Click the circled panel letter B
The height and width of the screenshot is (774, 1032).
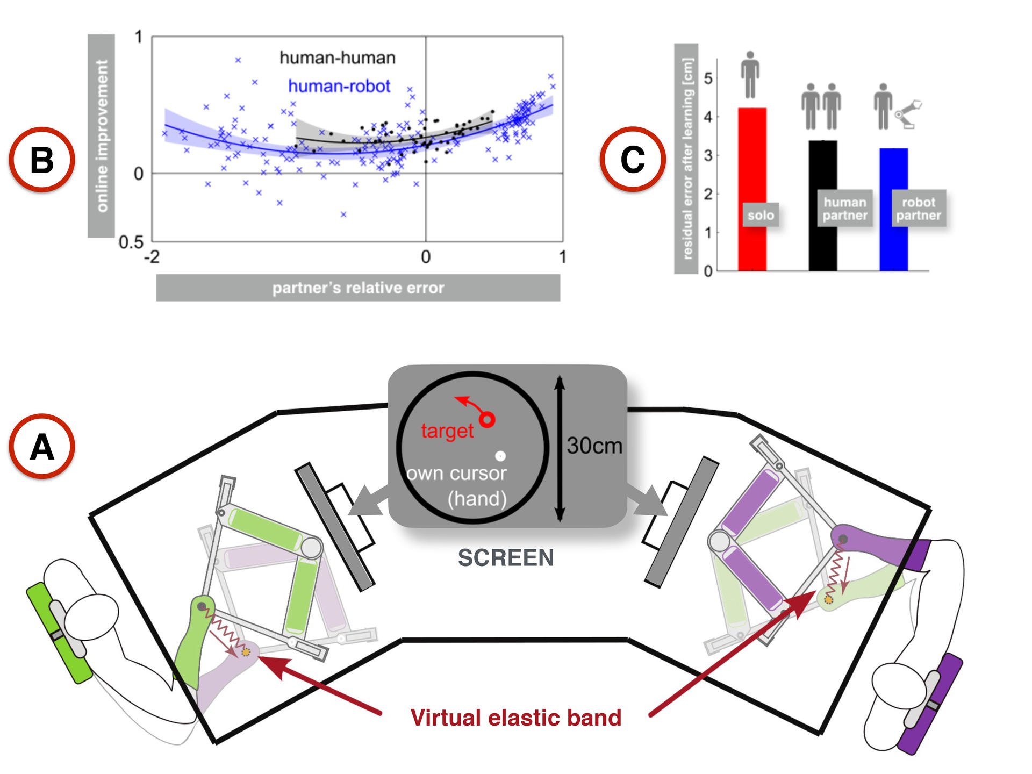click(x=42, y=160)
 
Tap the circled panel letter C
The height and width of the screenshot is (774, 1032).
click(x=633, y=160)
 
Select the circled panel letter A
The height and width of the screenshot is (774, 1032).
click(x=42, y=447)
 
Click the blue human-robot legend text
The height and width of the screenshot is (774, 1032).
click(x=339, y=86)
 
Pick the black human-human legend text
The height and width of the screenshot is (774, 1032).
click(x=338, y=58)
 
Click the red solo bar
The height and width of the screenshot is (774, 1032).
click(x=752, y=189)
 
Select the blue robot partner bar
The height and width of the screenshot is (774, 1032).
click(x=893, y=209)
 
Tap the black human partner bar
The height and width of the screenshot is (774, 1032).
click(x=823, y=205)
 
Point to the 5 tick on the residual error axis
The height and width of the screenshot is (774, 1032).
click(x=708, y=78)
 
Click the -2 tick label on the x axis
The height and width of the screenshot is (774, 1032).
click(x=152, y=257)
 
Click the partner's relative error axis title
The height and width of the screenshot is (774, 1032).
click(x=358, y=288)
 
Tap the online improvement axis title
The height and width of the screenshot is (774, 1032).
click(x=102, y=135)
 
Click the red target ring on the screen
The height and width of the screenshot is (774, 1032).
click(x=487, y=419)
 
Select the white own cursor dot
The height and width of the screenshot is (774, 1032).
click(x=500, y=456)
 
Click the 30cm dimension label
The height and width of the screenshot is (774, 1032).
click(x=594, y=446)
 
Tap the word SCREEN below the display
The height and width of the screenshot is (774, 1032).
click(x=506, y=558)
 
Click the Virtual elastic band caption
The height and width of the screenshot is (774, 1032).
click(x=516, y=718)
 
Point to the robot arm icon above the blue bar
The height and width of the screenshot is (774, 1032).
click(x=908, y=114)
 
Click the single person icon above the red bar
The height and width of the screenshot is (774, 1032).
click(x=750, y=75)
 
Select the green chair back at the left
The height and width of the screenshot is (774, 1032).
click(x=60, y=633)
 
